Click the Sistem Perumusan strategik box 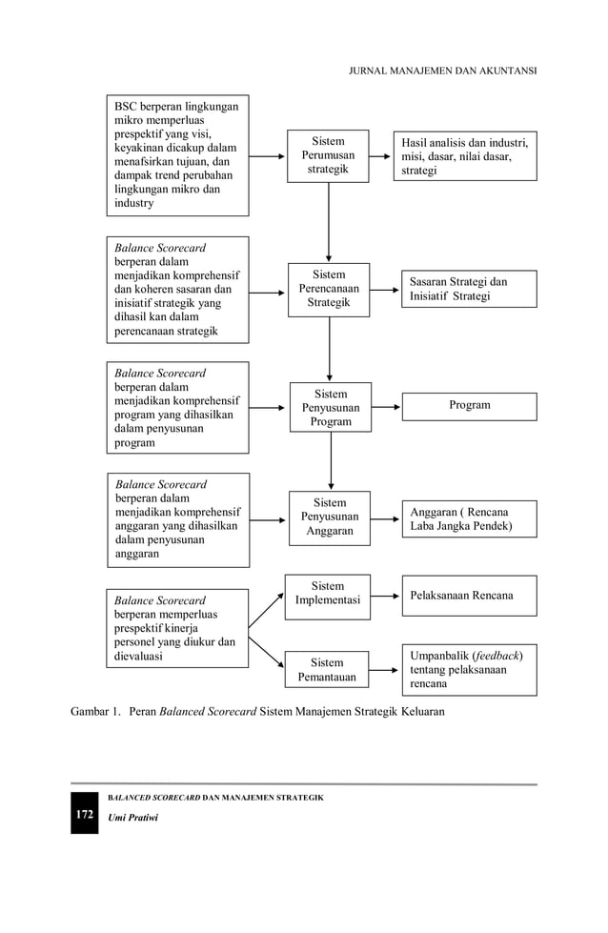pos(329,156)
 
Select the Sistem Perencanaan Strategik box pos(329,290)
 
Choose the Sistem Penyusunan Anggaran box pos(330,517)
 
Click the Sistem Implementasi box pos(328,595)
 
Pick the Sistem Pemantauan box pos(327,670)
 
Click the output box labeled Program pos(469,406)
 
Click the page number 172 pos(85,815)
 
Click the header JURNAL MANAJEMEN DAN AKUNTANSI pos(443,71)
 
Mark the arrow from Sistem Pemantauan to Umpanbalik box pos(384,670)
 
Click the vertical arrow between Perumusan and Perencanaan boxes pos(329,222)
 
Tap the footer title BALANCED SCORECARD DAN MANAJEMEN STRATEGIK pos(215,797)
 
